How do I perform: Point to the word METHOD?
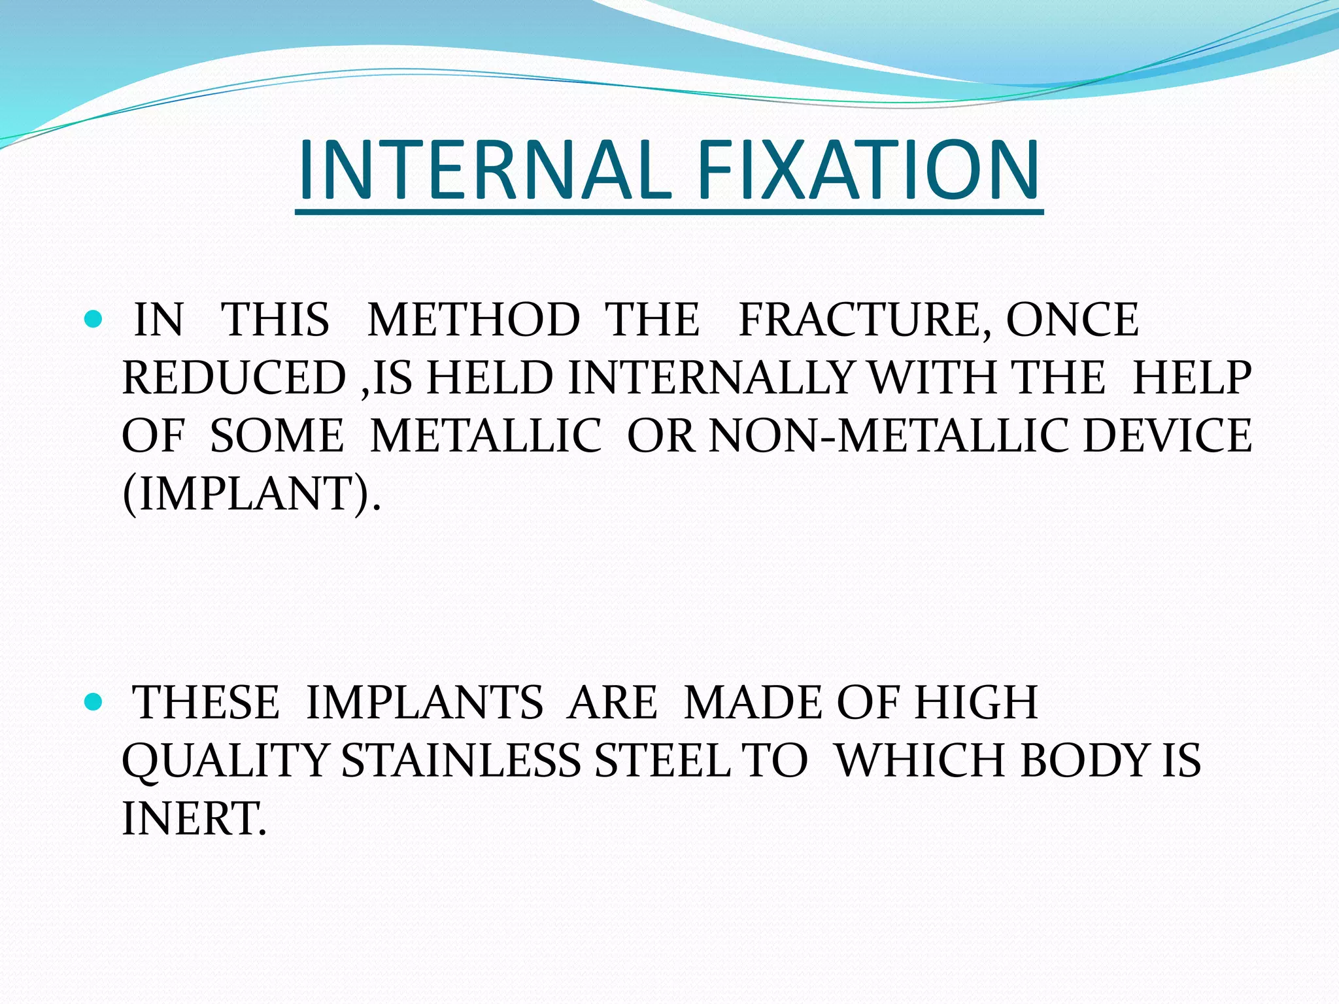[473, 320]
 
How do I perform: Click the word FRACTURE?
[863, 320]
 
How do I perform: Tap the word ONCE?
[1072, 320]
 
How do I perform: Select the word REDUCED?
[234, 378]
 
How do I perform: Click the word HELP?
[1191, 378]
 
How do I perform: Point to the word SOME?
[277, 436]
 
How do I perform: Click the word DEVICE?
[1168, 436]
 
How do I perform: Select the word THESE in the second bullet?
[207, 703]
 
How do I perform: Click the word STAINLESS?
[461, 761]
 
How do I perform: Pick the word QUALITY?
[225, 761]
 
